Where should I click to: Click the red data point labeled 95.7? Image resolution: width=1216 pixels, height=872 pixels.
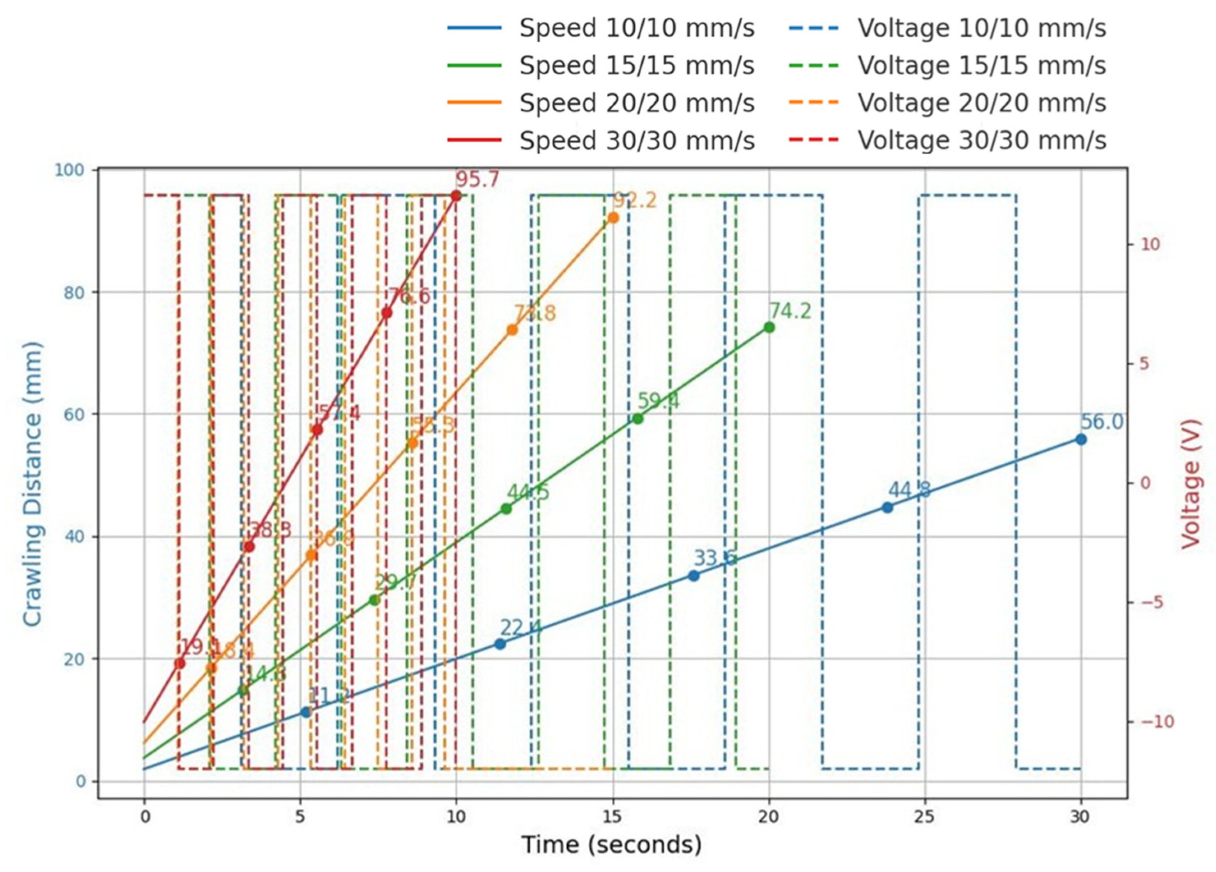pyautogui.click(x=456, y=196)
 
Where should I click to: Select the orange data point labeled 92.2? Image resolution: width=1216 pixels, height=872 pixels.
pyautogui.click(x=613, y=218)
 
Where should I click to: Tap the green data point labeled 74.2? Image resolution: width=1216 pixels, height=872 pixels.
pyautogui.click(x=769, y=327)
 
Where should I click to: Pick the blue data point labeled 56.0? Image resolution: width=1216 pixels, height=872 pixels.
pyautogui.click(x=1081, y=439)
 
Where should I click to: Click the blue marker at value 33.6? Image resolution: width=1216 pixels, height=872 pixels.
pyautogui.click(x=693, y=575)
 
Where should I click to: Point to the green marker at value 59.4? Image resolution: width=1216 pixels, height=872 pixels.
pyautogui.click(x=637, y=419)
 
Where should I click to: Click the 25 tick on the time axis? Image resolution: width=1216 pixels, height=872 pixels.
pyautogui.click(x=924, y=817)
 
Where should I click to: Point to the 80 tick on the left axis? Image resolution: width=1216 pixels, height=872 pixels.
pyautogui.click(x=75, y=292)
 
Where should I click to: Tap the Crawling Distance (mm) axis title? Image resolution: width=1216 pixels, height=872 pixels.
pyautogui.click(x=32, y=483)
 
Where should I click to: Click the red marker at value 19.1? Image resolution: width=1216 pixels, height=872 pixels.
pyautogui.click(x=180, y=663)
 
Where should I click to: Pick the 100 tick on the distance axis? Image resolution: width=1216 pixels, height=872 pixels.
pyautogui.click(x=70, y=170)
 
